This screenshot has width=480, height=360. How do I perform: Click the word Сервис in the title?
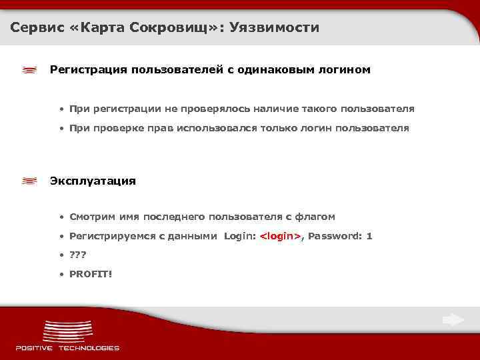(x=35, y=28)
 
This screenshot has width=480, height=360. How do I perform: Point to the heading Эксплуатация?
(x=93, y=181)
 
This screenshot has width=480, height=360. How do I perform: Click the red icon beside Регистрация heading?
(x=29, y=70)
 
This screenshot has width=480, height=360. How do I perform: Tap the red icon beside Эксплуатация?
(x=29, y=181)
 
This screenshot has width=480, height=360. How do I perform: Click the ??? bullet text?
(x=78, y=255)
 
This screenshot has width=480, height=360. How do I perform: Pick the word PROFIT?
(x=91, y=273)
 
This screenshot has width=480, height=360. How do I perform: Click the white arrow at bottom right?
(x=453, y=320)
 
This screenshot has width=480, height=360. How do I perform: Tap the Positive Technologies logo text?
(x=67, y=347)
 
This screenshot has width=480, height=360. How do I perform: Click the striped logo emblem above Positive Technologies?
(x=67, y=331)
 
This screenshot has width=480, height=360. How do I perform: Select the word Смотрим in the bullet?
(x=93, y=217)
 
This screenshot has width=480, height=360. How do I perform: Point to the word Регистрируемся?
(x=110, y=236)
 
